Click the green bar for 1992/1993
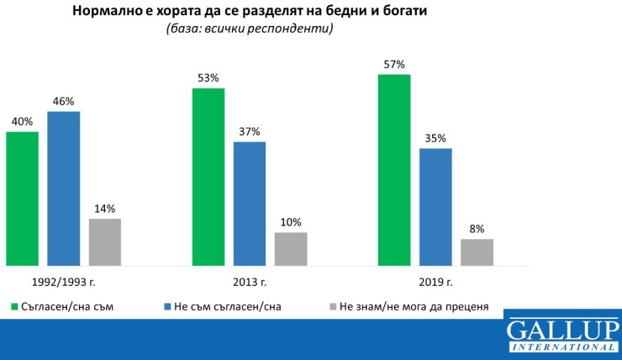click(22, 199)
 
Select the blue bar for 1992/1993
click(63, 188)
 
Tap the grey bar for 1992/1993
click(105, 242)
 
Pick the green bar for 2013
click(208, 177)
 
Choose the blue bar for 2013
click(250, 204)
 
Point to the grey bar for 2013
click(291, 249)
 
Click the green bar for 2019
click(394, 170)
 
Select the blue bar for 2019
click(435, 207)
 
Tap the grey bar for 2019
click(477, 252)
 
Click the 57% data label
click(394, 64)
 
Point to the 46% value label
click(63, 101)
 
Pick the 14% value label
click(105, 209)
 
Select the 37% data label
click(250, 131)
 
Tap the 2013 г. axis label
click(250, 282)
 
